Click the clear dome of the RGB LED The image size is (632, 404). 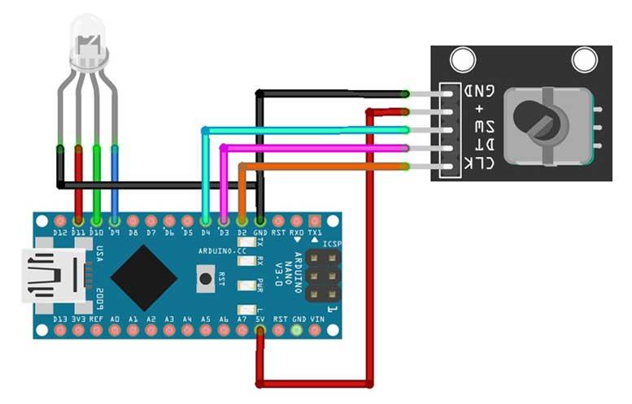tap(87, 45)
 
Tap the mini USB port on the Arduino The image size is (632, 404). tap(53, 276)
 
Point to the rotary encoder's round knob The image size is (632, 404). tap(538, 122)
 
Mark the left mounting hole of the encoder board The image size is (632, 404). tap(463, 59)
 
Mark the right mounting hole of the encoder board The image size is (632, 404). tap(584, 59)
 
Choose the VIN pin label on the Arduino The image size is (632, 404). tap(316, 319)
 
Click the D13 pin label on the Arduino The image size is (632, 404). tap(59, 319)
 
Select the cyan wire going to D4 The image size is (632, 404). tap(309, 129)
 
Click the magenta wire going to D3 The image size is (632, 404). tap(317, 147)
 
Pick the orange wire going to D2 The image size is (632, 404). tap(325, 166)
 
